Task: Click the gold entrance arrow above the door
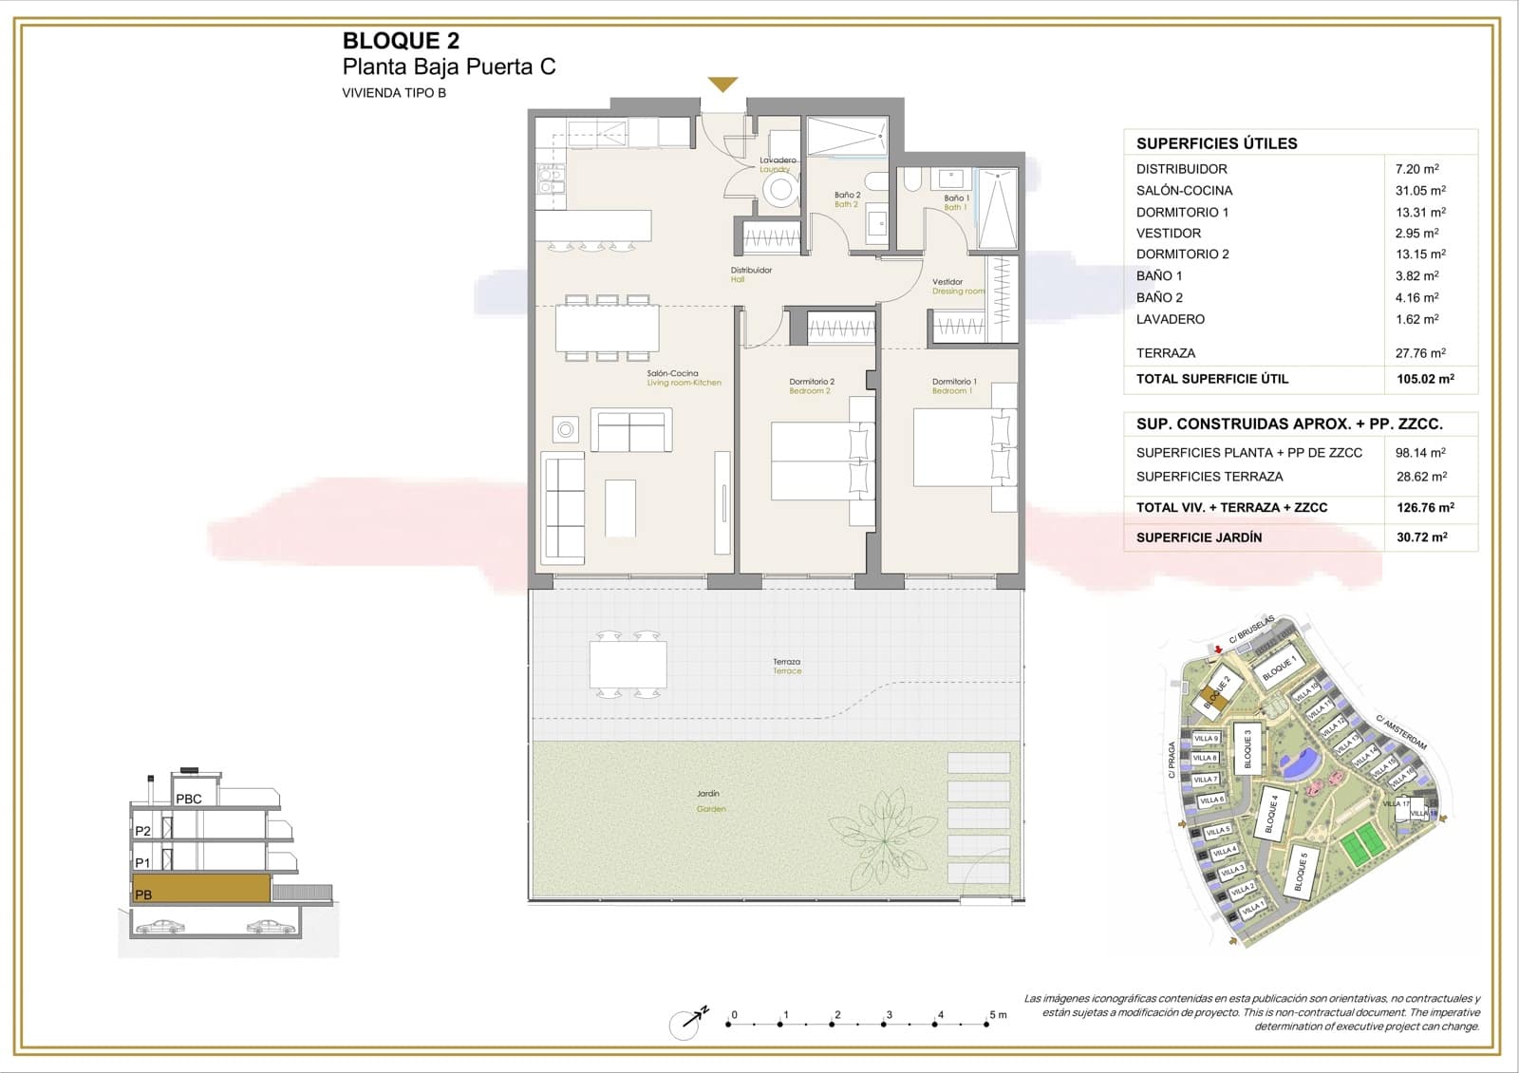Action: coord(722,85)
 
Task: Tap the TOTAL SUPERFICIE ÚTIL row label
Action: coord(1212,379)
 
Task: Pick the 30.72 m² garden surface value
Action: coord(1421,537)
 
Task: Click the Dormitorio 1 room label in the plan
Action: coord(953,382)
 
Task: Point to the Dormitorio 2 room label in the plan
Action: coord(812,382)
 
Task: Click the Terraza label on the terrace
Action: coord(786,662)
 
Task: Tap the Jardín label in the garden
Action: coord(708,794)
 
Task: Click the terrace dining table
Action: coord(628,664)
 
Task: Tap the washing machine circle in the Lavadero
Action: coord(781,189)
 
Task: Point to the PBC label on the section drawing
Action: coord(189,799)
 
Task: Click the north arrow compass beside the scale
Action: coord(685,1023)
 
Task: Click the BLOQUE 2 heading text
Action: coord(401,41)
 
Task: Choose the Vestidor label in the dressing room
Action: coord(947,282)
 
